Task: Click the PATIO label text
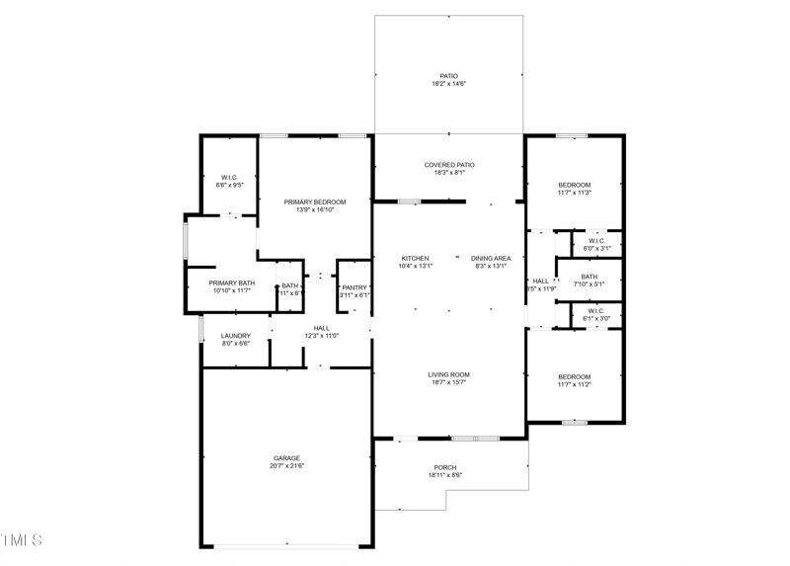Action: pyautogui.click(x=448, y=76)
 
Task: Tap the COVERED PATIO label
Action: pyautogui.click(x=448, y=165)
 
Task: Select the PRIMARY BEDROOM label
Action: pyautogui.click(x=315, y=202)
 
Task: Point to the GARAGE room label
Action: pyautogui.click(x=286, y=458)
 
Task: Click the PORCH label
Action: pyautogui.click(x=445, y=467)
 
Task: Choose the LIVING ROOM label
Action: pyautogui.click(x=448, y=374)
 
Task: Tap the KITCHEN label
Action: pyautogui.click(x=414, y=258)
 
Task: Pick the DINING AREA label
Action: pyautogui.click(x=491, y=258)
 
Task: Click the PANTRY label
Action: pyautogui.click(x=354, y=287)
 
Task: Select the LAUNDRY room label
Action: pyautogui.click(x=235, y=336)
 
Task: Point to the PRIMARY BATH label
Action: pyautogui.click(x=231, y=283)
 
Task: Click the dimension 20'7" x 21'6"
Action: pyautogui.click(x=286, y=466)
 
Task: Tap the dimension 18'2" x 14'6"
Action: pyautogui.click(x=448, y=84)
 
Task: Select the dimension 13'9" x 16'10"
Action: pyautogui.click(x=315, y=209)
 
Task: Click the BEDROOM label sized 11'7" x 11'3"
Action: pyautogui.click(x=574, y=185)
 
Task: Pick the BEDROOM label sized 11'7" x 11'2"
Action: pyautogui.click(x=574, y=376)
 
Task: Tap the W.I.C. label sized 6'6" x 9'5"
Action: pyautogui.click(x=229, y=177)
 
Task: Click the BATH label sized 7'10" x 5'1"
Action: pyautogui.click(x=589, y=277)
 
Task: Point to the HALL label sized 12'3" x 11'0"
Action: pyautogui.click(x=322, y=328)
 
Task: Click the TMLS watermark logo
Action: pyautogui.click(x=22, y=539)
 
